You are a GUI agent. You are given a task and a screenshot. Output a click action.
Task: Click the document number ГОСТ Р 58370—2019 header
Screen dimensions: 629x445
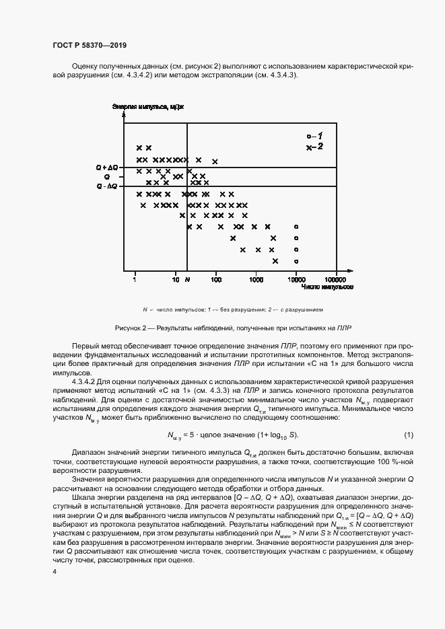pos(90,45)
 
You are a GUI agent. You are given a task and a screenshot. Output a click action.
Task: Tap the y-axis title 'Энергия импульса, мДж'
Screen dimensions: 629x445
pos(147,106)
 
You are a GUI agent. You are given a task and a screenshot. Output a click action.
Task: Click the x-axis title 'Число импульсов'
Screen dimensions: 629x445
pos(328,287)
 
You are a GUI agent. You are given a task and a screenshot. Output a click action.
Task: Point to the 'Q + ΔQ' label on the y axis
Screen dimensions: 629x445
pos(106,166)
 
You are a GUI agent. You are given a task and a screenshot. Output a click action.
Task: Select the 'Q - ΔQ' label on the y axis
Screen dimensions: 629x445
pos(106,186)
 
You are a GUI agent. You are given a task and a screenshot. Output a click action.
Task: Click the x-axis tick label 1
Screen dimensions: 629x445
pos(135,278)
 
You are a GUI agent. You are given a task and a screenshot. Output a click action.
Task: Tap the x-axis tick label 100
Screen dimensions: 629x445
pos(216,278)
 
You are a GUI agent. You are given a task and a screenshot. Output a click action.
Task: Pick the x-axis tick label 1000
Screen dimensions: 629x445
pos(256,278)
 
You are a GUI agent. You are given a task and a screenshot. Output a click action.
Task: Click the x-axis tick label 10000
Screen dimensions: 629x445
pos(296,278)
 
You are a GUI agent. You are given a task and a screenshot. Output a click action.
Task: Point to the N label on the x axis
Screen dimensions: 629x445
pos(188,278)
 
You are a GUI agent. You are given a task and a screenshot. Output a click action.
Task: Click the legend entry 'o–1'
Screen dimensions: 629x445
pos(314,135)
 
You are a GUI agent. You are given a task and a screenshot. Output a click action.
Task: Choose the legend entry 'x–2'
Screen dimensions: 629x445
pos(314,146)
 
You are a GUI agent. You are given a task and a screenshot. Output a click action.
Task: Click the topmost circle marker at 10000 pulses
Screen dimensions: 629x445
pos(296,227)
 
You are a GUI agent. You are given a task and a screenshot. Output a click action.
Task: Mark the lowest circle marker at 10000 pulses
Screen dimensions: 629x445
pos(296,261)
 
